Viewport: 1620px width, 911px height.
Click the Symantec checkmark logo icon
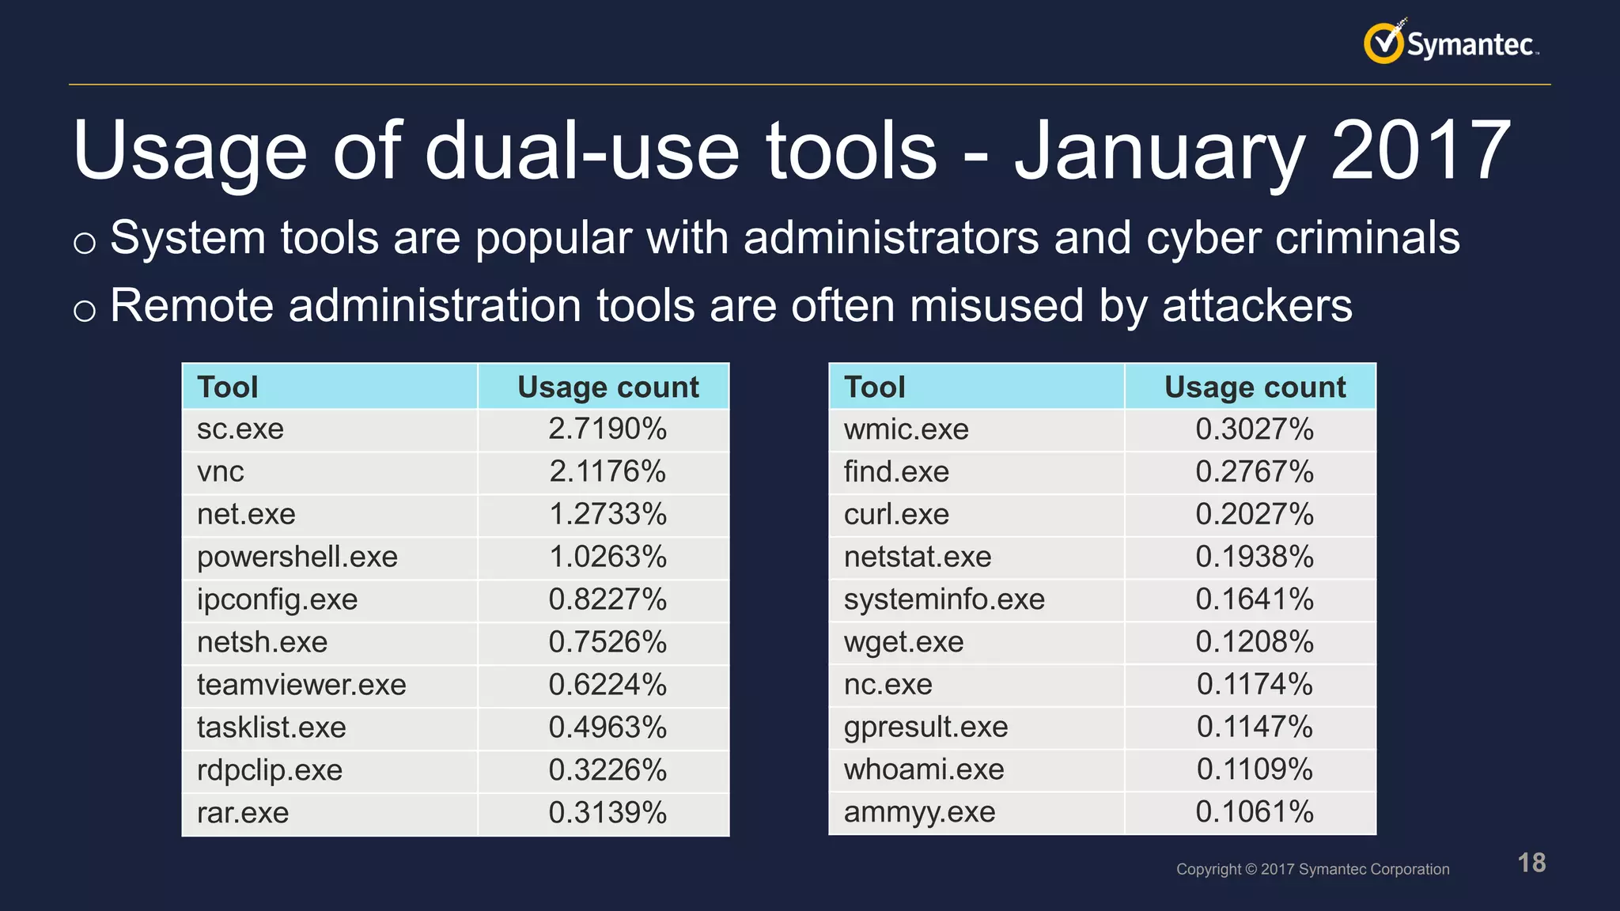click(x=1383, y=43)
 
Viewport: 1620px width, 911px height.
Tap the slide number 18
click(x=1531, y=863)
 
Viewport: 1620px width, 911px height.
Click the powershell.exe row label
click(x=297, y=558)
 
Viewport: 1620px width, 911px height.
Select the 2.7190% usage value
click(x=607, y=429)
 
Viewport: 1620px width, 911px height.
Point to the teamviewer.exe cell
click(x=301, y=685)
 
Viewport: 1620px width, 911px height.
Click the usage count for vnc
click(x=607, y=472)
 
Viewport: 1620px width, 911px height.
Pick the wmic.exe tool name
click(x=906, y=429)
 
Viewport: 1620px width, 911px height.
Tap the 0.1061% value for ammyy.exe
click(x=1255, y=812)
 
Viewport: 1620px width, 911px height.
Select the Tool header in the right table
click(x=874, y=387)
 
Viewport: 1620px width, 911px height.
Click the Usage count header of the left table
click(x=607, y=387)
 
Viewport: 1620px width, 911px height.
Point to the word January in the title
click(x=1160, y=150)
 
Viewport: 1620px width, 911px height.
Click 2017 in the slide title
click(x=1420, y=150)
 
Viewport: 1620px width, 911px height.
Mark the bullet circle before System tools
click(x=85, y=242)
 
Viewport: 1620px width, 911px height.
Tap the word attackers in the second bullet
click(x=1257, y=306)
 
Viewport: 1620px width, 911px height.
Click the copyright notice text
click(x=1312, y=869)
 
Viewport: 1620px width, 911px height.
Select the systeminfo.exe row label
click(x=944, y=599)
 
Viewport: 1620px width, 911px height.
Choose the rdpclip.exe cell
click(x=270, y=770)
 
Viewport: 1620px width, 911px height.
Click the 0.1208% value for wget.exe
click(x=1255, y=642)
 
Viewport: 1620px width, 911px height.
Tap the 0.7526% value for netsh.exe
click(x=607, y=642)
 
